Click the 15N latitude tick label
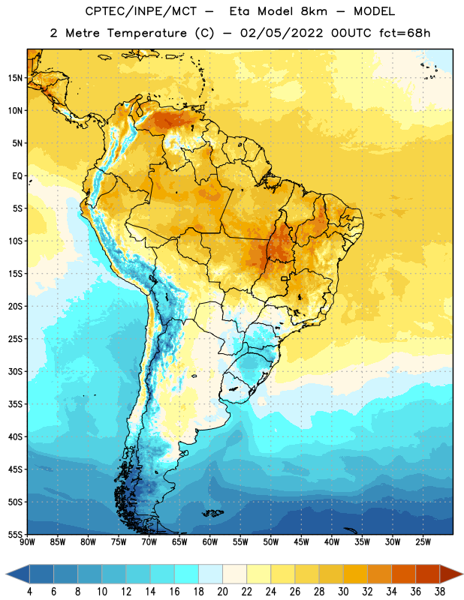(x=15, y=78)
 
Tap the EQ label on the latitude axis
(x=17, y=176)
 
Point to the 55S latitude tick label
(x=15, y=534)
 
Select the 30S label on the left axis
(x=15, y=371)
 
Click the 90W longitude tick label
(x=27, y=542)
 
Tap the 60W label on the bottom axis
(x=210, y=542)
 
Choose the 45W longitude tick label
(x=301, y=542)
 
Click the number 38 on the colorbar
(x=440, y=592)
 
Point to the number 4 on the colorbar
(x=29, y=592)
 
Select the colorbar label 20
(x=222, y=592)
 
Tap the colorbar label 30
(x=343, y=592)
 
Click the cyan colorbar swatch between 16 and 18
(x=186, y=574)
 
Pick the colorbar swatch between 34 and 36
(x=403, y=574)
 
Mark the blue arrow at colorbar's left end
(x=17, y=574)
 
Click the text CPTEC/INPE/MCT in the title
(x=141, y=11)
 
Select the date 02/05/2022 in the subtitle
(x=282, y=33)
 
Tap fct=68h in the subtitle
(x=405, y=33)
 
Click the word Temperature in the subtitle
(x=147, y=33)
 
